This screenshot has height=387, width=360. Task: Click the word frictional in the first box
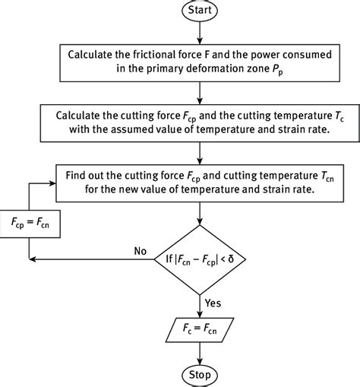click(x=147, y=55)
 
